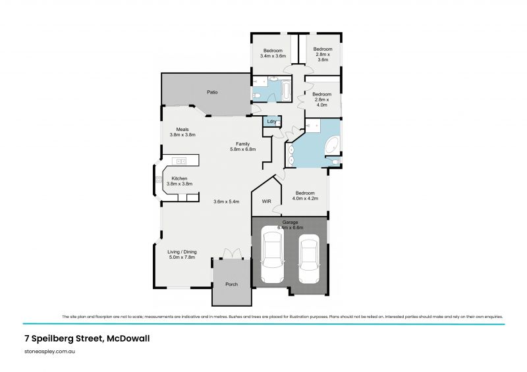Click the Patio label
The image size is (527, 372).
click(212, 92)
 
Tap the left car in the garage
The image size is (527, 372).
click(273, 255)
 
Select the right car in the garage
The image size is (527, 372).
click(309, 258)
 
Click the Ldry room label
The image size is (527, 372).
click(271, 122)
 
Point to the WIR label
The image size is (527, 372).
click(267, 201)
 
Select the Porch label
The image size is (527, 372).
click(231, 284)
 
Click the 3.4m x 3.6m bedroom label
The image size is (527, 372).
click(273, 53)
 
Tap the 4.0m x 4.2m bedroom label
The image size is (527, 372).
click(304, 196)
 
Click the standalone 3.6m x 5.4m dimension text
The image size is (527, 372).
click(226, 201)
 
